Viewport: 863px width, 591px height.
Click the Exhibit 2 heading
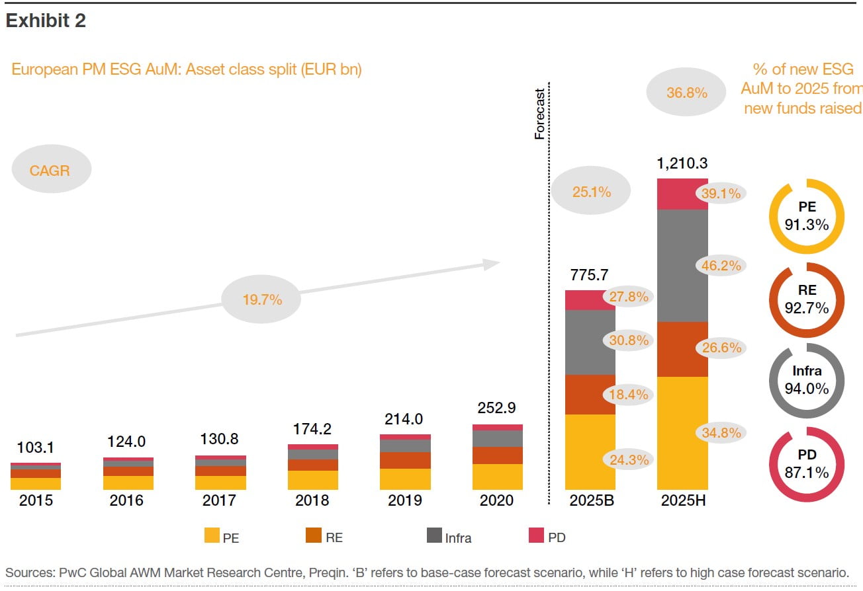(x=46, y=22)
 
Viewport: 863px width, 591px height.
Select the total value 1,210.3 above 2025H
(x=682, y=163)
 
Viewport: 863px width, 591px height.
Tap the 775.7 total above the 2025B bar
(x=590, y=275)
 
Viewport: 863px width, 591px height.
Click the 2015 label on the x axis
(x=36, y=500)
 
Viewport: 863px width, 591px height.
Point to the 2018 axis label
(x=312, y=500)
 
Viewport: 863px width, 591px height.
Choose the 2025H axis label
(x=683, y=500)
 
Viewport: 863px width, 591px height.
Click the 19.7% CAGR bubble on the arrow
(x=262, y=299)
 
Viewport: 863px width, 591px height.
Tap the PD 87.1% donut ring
(x=807, y=464)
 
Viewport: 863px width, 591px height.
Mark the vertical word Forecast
(x=539, y=114)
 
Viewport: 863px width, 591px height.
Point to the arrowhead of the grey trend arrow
(x=491, y=264)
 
